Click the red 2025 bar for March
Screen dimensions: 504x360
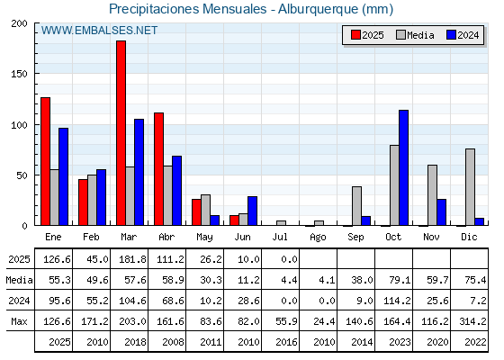tap(121, 133)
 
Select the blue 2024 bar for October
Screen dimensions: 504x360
tap(404, 167)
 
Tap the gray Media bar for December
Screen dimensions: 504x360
tap(470, 187)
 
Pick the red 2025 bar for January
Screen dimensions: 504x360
tap(46, 161)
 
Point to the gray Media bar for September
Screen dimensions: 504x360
tap(356, 206)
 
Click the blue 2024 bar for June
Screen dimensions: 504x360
tap(252, 211)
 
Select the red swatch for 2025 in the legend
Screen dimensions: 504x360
tap(355, 35)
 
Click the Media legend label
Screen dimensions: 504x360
tap(420, 35)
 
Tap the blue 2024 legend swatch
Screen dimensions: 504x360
tap(452, 35)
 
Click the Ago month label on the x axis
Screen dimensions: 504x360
tap(318, 238)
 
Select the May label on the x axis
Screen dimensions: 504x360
tap(205, 238)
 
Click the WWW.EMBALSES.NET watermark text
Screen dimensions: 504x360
tap(99, 31)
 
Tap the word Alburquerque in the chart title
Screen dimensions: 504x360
tap(318, 9)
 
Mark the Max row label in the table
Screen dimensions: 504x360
tap(19, 321)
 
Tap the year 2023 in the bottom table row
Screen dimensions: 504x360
tap(400, 342)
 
